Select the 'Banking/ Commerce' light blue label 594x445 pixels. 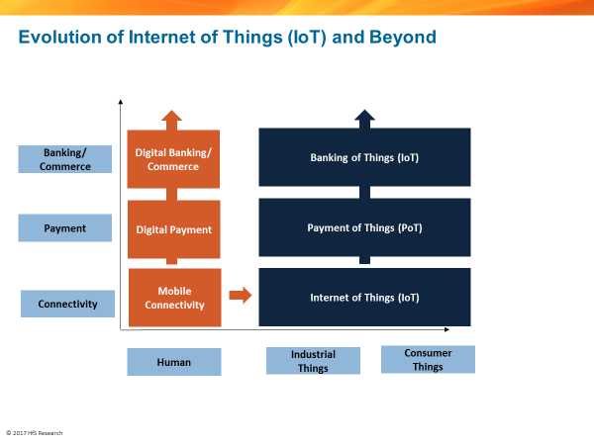tap(65, 159)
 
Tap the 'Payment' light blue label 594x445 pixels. tap(65, 228)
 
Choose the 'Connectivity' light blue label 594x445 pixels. tap(67, 304)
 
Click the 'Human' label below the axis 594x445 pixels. tap(173, 362)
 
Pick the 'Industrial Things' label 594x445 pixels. tap(313, 361)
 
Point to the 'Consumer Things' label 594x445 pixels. tap(428, 359)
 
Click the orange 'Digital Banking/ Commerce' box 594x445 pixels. tap(173, 159)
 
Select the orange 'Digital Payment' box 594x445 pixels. tap(173, 229)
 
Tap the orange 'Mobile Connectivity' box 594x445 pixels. tap(173, 298)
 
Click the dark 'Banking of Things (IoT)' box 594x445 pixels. tap(364, 157)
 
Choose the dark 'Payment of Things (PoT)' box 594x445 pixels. tap(364, 226)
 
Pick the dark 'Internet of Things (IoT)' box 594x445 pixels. tap(364, 296)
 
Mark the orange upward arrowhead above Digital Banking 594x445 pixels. tap(173, 117)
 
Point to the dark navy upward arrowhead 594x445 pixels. tap(364, 116)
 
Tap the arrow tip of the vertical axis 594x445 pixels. tap(120, 102)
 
